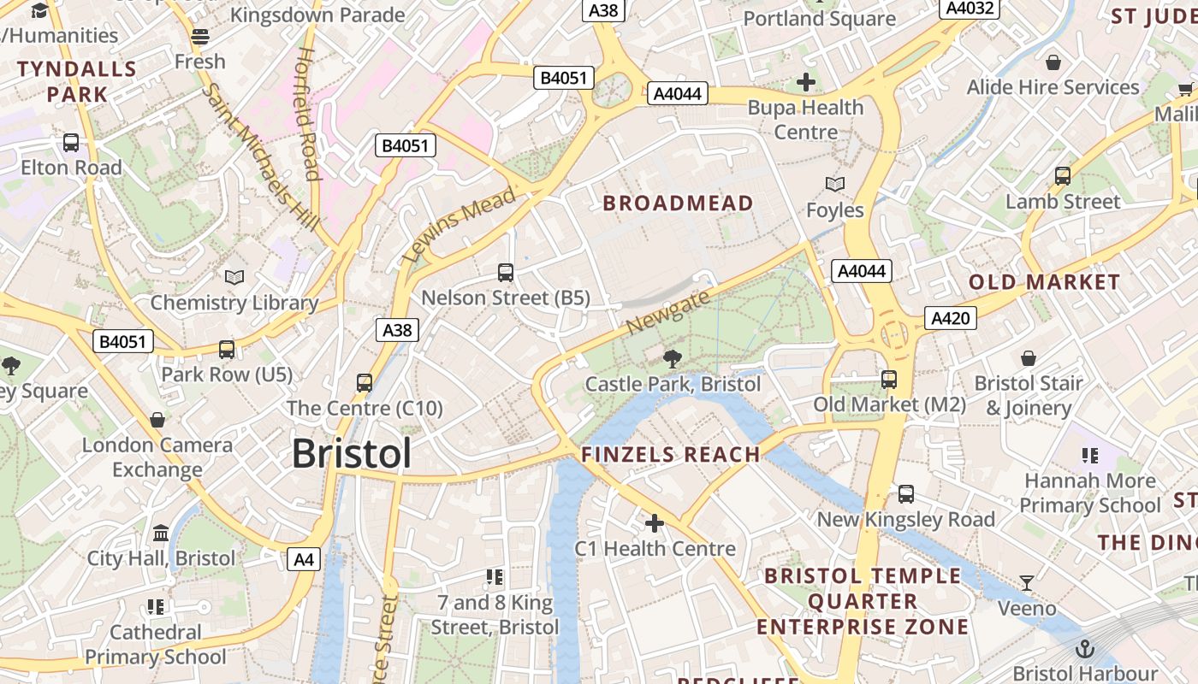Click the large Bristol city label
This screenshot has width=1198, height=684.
(x=352, y=453)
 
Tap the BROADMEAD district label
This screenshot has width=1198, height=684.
(x=678, y=203)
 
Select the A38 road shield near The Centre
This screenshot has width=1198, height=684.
(x=397, y=330)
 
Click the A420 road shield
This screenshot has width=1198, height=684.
(x=950, y=319)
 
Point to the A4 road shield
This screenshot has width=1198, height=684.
(x=304, y=560)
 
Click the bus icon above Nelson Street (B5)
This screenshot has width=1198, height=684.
(x=506, y=273)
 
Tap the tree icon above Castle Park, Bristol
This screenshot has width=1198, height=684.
(x=673, y=358)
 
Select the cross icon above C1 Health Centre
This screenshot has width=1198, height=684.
(x=655, y=522)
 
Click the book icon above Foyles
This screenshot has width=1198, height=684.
(x=835, y=184)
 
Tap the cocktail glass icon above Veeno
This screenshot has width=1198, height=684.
(x=1027, y=583)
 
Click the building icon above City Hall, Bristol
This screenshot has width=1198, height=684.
(x=160, y=534)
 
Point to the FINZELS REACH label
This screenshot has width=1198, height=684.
(x=671, y=455)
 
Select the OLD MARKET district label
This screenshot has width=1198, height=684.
(x=1044, y=282)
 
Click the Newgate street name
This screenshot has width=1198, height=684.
(x=668, y=313)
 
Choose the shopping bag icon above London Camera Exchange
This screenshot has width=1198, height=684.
(x=157, y=420)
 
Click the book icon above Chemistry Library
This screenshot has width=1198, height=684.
(x=234, y=277)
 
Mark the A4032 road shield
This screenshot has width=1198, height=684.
(x=969, y=9)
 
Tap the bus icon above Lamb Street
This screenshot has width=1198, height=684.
(x=1063, y=176)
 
